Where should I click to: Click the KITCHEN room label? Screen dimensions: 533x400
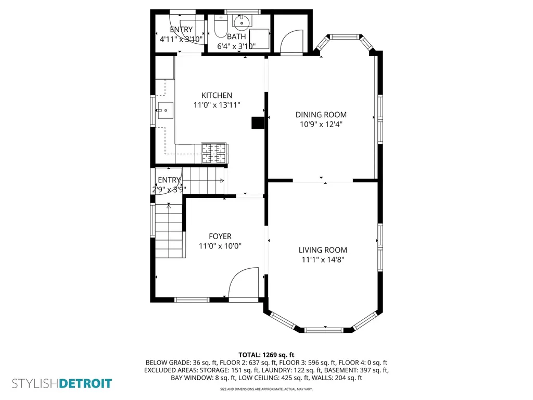click(x=217, y=96)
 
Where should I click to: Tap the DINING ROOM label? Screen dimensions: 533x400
click(x=321, y=115)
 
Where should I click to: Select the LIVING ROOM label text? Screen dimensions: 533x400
click(x=323, y=250)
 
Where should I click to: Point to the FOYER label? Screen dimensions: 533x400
click(x=220, y=236)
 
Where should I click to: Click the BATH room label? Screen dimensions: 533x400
click(x=237, y=36)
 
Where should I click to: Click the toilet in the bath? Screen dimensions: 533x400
click(x=220, y=26)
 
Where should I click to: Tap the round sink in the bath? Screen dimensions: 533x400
click(x=242, y=21)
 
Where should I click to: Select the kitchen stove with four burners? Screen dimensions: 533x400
click(x=214, y=153)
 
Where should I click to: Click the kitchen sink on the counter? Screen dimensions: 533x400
click(x=165, y=110)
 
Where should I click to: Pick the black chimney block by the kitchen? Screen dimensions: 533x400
click(x=258, y=123)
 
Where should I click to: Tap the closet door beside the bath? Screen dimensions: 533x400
click(x=291, y=42)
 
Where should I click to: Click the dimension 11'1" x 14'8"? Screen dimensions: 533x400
click(x=323, y=260)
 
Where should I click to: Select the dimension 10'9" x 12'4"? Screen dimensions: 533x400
click(x=321, y=124)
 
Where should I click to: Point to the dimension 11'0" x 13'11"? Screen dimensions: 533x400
click(x=217, y=105)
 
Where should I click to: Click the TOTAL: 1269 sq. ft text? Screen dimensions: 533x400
click(x=266, y=355)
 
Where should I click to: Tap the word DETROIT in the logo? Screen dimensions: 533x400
click(x=85, y=384)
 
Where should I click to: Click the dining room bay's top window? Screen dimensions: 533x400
click(x=345, y=37)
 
